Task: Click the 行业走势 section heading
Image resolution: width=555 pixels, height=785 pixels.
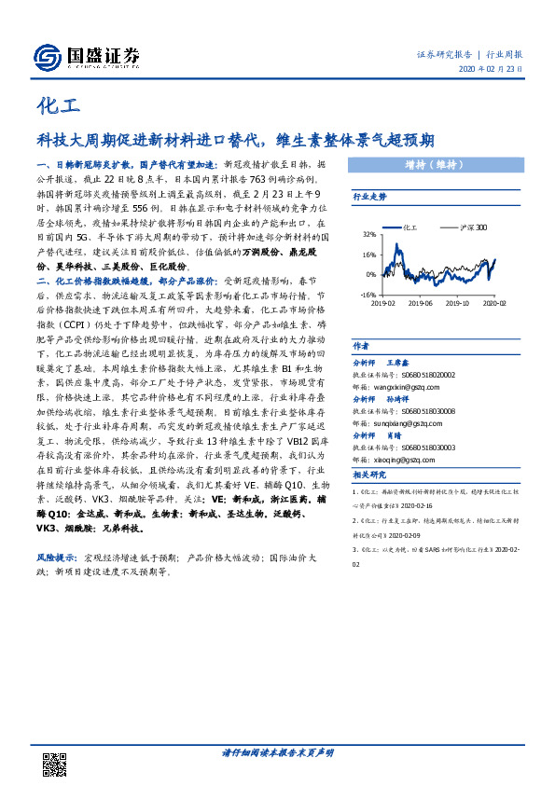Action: tap(369, 197)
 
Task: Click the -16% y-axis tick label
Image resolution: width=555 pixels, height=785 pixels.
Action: tap(368, 295)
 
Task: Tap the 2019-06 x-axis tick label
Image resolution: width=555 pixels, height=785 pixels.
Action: tap(421, 303)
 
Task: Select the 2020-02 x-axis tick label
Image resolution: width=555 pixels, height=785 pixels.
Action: tap(495, 303)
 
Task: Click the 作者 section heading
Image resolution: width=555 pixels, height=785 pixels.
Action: tap(362, 345)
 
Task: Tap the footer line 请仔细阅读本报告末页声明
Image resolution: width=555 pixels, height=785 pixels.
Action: tap(277, 753)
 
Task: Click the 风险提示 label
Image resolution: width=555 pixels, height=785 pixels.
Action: tap(55, 558)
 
